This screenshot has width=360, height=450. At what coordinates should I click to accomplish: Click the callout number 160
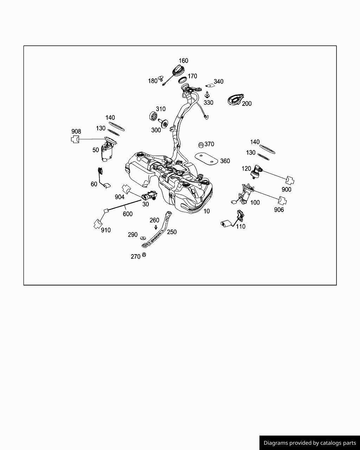tap(184, 60)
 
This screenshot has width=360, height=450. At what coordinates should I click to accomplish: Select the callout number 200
tap(247, 103)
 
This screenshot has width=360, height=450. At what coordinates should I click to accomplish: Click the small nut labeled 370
tap(201, 144)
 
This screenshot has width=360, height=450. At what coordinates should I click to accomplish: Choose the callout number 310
tap(161, 109)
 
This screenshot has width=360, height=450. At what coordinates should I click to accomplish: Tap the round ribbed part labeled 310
tap(153, 116)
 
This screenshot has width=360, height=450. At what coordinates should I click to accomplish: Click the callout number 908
tap(76, 131)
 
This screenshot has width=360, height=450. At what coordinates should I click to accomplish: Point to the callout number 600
tap(128, 214)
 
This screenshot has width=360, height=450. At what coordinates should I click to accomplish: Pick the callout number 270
tap(135, 257)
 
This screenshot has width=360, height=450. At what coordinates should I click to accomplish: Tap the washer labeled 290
tap(143, 238)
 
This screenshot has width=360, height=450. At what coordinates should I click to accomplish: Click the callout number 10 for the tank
tap(207, 211)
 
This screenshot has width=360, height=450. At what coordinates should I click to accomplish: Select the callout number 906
tap(279, 210)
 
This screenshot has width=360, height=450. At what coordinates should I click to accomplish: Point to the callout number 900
tap(287, 189)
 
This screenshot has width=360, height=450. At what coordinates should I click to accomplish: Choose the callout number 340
tap(218, 82)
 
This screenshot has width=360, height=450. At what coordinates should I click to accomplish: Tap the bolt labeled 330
tap(207, 95)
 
